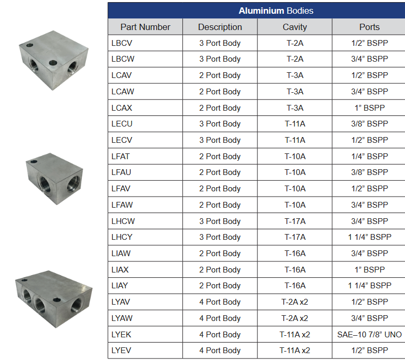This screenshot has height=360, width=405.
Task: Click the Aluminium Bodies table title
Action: [x=276, y=11]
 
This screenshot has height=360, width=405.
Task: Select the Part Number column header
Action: [x=145, y=27]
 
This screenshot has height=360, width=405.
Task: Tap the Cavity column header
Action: [x=295, y=27]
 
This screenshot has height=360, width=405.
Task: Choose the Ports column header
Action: [x=369, y=27]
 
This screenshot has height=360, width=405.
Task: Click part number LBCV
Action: [x=122, y=43]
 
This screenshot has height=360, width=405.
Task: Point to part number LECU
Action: [x=122, y=124]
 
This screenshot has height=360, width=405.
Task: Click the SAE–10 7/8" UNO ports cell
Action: [x=369, y=334]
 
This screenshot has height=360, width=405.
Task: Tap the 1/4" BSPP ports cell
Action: [x=369, y=156]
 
